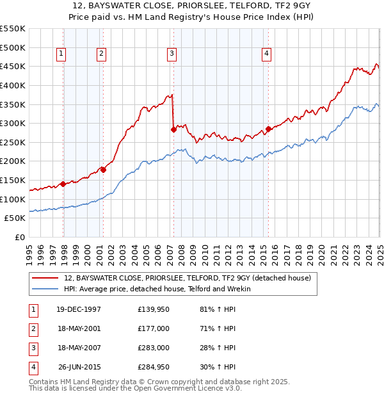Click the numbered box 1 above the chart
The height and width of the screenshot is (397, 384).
coord(61,54)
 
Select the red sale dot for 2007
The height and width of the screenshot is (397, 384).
coord(173,129)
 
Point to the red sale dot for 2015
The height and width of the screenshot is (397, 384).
coord(268,129)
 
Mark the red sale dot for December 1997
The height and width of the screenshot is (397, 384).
coord(63,184)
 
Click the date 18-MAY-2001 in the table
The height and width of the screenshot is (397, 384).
coord(79,328)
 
